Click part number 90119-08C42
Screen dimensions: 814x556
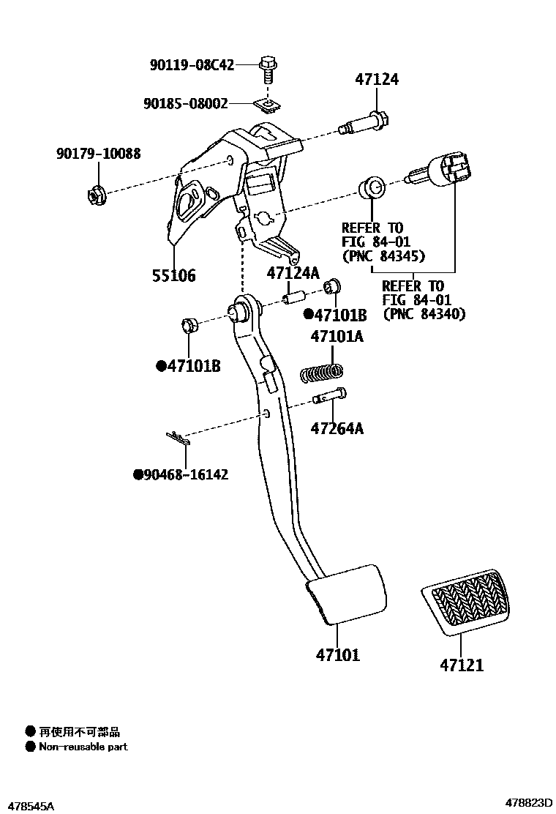pyautogui.click(x=192, y=64)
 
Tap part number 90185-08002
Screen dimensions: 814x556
pyautogui.click(x=185, y=104)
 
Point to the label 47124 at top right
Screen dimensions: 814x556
pyautogui.click(x=377, y=79)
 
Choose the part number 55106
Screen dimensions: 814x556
pyautogui.click(x=174, y=276)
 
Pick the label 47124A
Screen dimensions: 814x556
pyautogui.click(x=293, y=273)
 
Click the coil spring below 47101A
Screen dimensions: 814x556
pyautogui.click(x=322, y=373)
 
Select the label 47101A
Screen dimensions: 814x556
pyautogui.click(x=337, y=337)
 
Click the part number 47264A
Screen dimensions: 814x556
pyautogui.click(x=337, y=428)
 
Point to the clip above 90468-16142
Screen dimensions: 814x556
pyautogui.click(x=178, y=438)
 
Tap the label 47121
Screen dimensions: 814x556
pyautogui.click(x=462, y=665)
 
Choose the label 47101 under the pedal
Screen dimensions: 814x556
pyautogui.click(x=338, y=654)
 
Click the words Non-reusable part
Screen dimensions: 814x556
pyautogui.click(x=83, y=747)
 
